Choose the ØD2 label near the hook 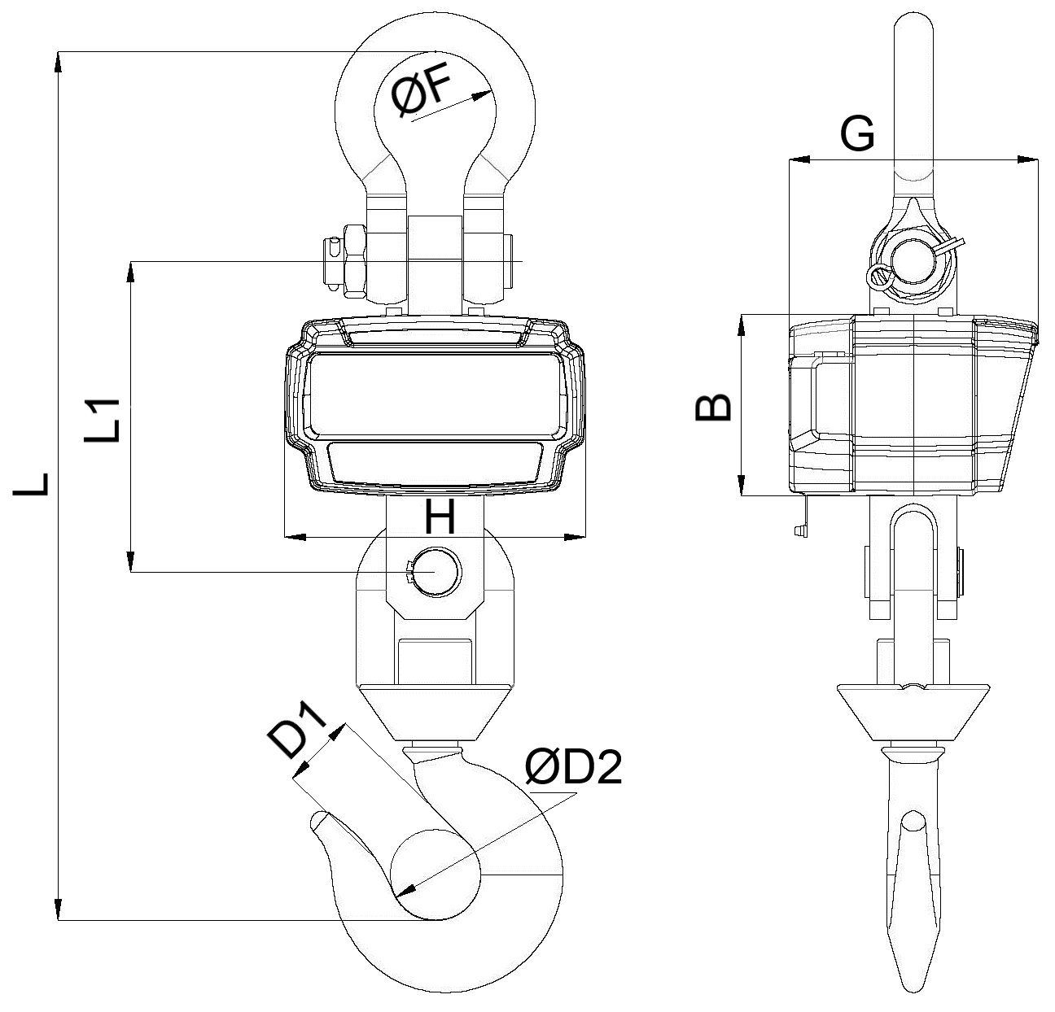(573, 767)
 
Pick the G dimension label (857, 134)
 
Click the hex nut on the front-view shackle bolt (355, 260)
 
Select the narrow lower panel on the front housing (435, 462)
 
